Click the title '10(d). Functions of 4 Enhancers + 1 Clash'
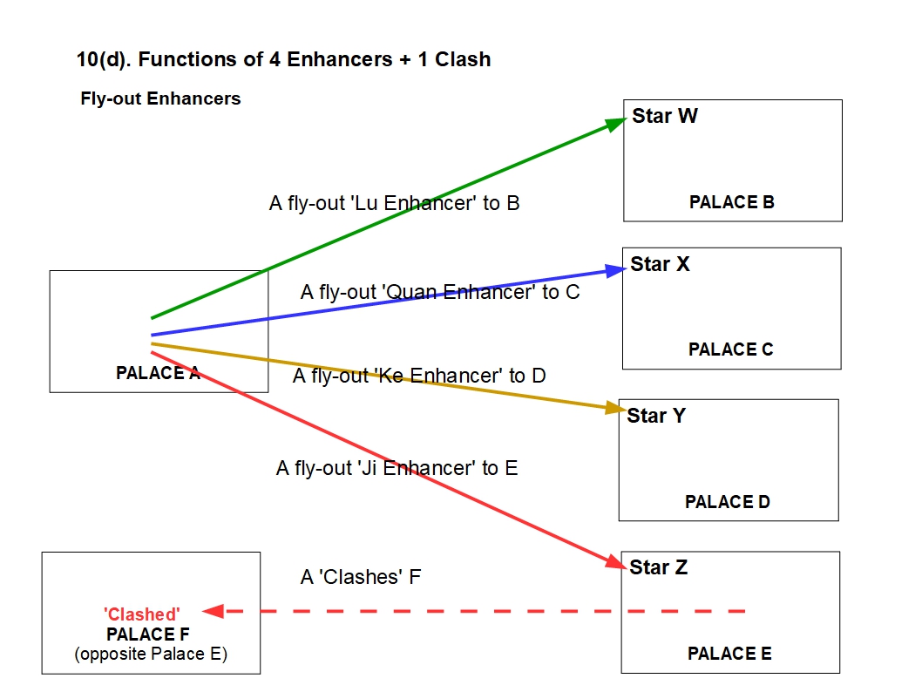click(x=283, y=60)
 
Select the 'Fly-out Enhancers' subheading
click(x=160, y=98)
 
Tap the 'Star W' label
click(x=665, y=116)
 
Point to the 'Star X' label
click(x=660, y=264)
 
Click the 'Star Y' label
click(x=656, y=416)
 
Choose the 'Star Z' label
click(x=658, y=567)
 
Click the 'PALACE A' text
click(x=158, y=373)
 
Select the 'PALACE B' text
click(x=731, y=202)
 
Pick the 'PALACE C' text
click(x=730, y=349)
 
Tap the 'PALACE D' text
click(x=727, y=502)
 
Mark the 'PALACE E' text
click(x=729, y=654)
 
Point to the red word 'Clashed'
click(x=142, y=615)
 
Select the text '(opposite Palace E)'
click(x=151, y=654)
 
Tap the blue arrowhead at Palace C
click(x=616, y=269)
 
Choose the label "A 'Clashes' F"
click(x=361, y=577)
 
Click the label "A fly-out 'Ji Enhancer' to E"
click(x=397, y=468)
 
